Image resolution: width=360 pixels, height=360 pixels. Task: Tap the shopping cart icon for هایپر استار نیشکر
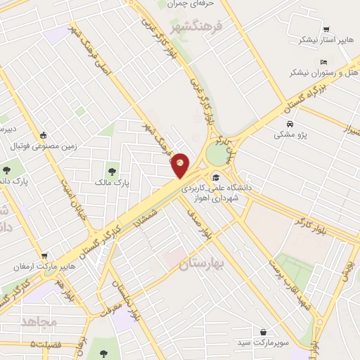[x=326, y=30]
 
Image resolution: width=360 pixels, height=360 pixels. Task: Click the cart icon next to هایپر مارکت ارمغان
[x=45, y=256]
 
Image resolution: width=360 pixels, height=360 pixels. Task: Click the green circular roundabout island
[x=219, y=150]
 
